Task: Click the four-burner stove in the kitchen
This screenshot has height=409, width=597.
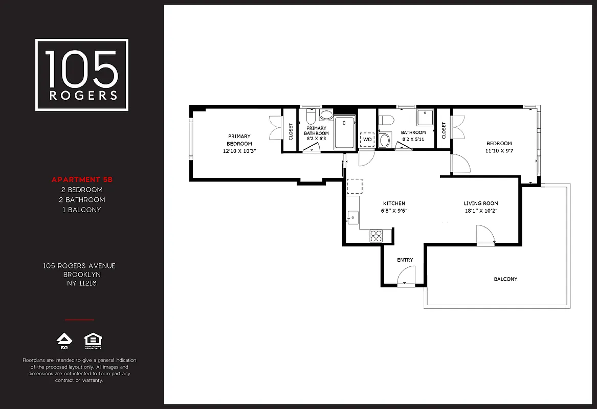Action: (376, 236)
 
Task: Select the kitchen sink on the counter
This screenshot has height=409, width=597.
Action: (352, 217)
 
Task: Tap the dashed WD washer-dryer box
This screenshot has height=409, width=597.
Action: (367, 140)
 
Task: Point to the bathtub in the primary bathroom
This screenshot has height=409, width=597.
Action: (345, 133)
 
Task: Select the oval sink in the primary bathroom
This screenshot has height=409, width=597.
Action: (326, 115)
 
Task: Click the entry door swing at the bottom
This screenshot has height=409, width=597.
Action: (406, 282)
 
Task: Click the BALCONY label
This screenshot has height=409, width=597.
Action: (505, 279)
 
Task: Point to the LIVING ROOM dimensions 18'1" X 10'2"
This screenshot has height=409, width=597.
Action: (481, 211)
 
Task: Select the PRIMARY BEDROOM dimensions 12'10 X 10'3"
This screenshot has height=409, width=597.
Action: (239, 151)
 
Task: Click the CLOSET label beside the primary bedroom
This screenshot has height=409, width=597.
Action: (291, 131)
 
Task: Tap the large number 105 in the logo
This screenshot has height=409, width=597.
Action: (82, 69)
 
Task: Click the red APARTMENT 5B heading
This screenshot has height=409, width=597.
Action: (82, 179)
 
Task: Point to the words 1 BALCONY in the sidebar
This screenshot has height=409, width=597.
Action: (82, 210)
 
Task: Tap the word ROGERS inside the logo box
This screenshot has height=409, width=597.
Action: (82, 95)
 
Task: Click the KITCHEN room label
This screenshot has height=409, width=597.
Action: (394, 203)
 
